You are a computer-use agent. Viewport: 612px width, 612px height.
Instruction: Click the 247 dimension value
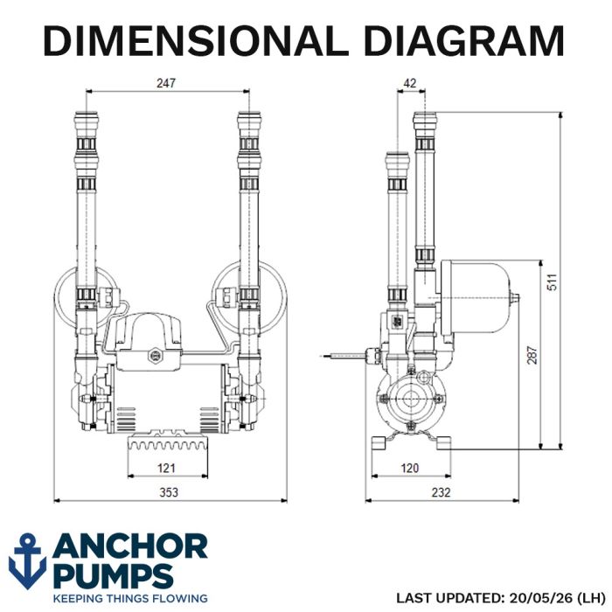click(x=166, y=83)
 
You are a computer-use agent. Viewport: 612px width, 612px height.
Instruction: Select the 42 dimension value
click(x=409, y=83)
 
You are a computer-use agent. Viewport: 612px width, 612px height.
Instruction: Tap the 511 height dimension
click(x=553, y=282)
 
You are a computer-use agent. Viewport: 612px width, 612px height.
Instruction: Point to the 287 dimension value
click(x=532, y=355)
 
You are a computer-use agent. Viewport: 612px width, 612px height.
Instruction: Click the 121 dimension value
click(x=166, y=468)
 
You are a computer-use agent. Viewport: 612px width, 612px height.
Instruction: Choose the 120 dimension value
click(x=409, y=468)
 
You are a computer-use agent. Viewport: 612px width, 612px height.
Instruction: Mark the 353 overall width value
click(x=169, y=492)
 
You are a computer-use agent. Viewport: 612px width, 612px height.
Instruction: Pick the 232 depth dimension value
click(x=441, y=492)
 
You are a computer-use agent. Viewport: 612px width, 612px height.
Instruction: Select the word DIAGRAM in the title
click(x=464, y=40)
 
